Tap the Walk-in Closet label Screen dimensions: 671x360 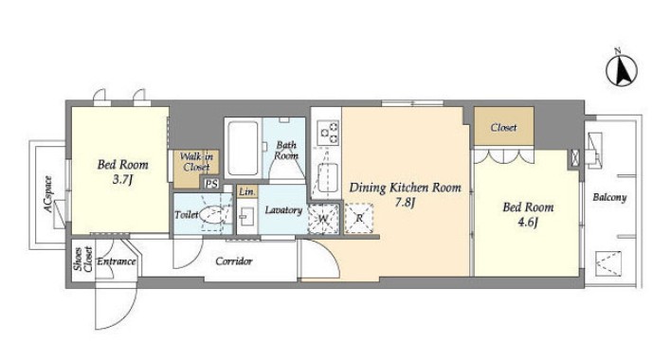pyautogui.click(x=196, y=162)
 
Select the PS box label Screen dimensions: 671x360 pyautogui.click(x=211, y=185)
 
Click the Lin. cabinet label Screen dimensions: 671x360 pyautogui.click(x=247, y=192)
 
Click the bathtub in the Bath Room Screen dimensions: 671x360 pyautogui.click(x=243, y=148)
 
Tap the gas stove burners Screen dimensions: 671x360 pyautogui.click(x=328, y=132)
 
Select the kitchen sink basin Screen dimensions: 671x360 pyautogui.click(x=327, y=178)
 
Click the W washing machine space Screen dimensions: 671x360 pyautogui.click(x=323, y=219)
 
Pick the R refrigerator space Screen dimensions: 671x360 pyautogui.click(x=359, y=219)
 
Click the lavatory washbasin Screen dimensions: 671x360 pyautogui.click(x=245, y=216)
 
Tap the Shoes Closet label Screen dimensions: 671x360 pyautogui.click(x=83, y=259)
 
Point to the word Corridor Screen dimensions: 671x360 pyautogui.click(x=234, y=261)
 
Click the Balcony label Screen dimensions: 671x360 pyautogui.click(x=609, y=198)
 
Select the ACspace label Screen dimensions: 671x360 pyautogui.click(x=48, y=194)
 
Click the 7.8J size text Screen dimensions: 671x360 pyautogui.click(x=405, y=203)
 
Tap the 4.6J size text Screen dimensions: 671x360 pyautogui.click(x=528, y=223)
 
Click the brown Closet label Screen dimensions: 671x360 pyautogui.click(x=503, y=127)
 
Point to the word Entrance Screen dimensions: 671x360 pyautogui.click(x=117, y=261)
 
